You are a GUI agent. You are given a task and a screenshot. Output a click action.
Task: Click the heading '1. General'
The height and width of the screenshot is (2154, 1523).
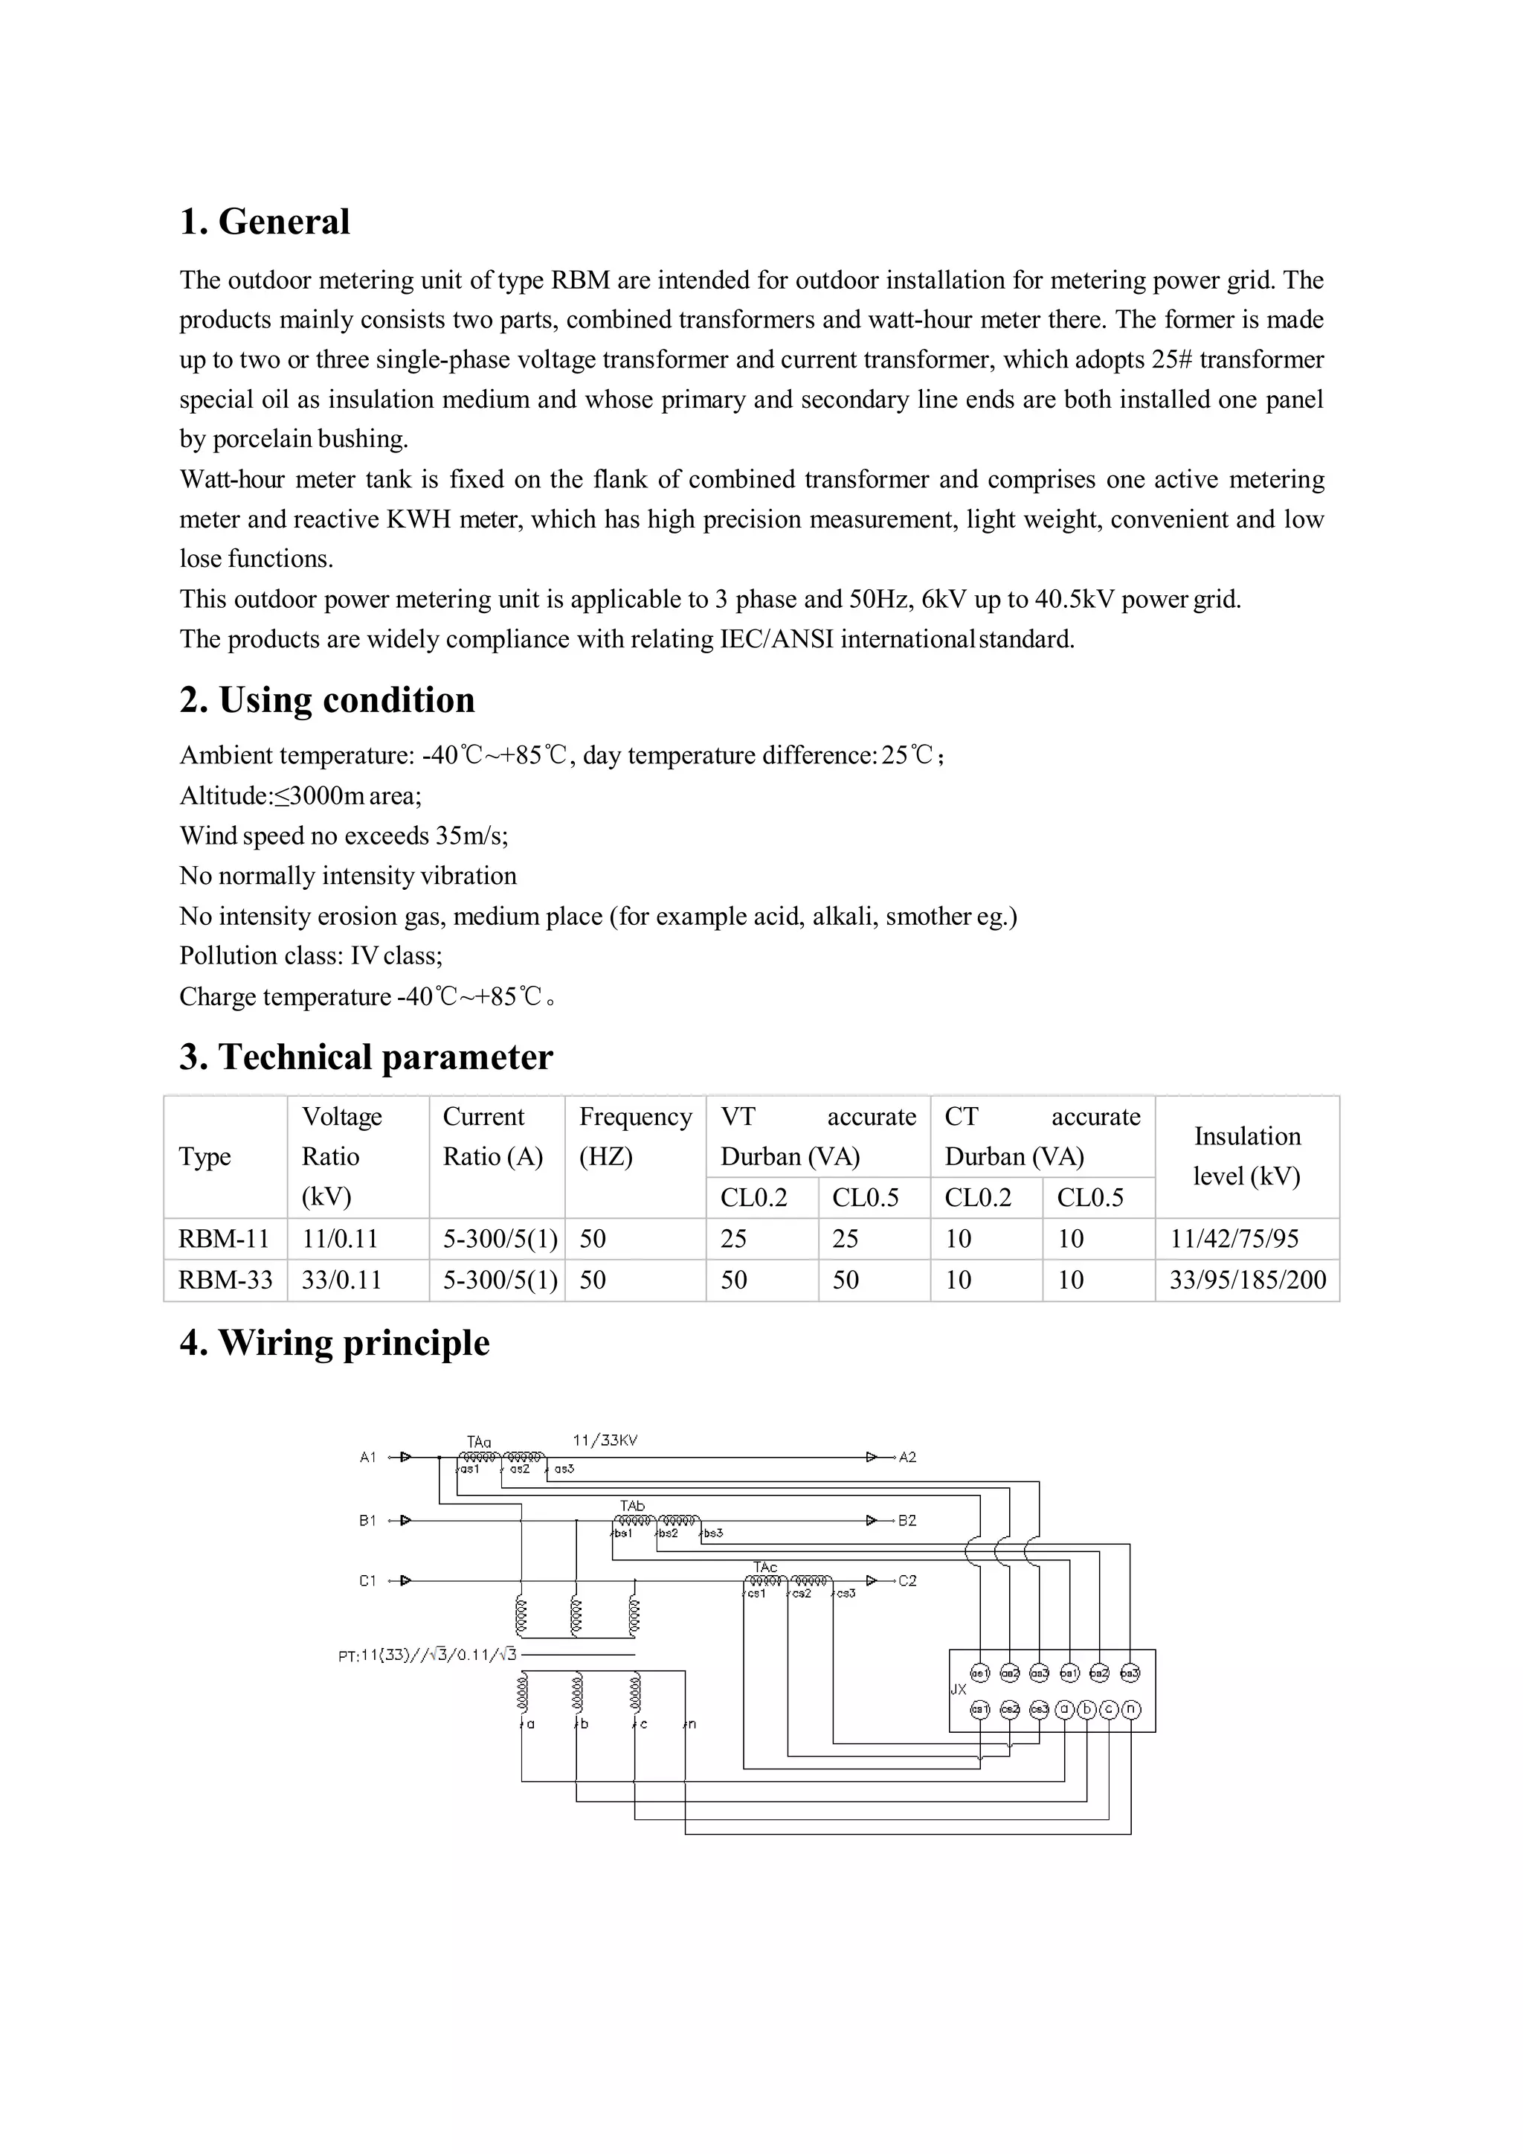pyautogui.click(x=265, y=222)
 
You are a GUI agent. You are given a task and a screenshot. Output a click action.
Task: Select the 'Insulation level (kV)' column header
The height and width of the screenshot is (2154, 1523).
pyautogui.click(x=1246, y=1155)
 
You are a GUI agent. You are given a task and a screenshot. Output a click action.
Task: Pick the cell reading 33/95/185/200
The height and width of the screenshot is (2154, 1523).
pyautogui.click(x=1247, y=1280)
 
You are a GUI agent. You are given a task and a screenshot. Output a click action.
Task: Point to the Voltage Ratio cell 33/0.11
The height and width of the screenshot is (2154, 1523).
pyautogui.click(x=341, y=1280)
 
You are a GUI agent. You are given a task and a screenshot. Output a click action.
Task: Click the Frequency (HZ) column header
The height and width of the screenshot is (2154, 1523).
pyautogui.click(x=635, y=1136)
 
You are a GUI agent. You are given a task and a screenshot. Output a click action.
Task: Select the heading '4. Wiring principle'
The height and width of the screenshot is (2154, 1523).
pyautogui.click(x=335, y=1342)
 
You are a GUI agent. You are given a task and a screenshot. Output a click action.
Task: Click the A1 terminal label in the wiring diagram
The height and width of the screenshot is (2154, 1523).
pyautogui.click(x=367, y=1457)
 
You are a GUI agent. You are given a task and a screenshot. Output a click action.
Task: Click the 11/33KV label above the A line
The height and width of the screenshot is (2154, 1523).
pyautogui.click(x=605, y=1440)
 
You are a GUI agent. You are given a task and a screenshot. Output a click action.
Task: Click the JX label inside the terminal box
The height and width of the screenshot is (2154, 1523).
pyautogui.click(x=959, y=1689)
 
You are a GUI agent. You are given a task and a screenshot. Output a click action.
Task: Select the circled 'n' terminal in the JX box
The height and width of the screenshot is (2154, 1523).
pyautogui.click(x=1130, y=1709)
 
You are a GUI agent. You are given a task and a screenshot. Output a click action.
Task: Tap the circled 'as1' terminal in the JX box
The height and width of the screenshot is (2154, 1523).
pyautogui.click(x=979, y=1673)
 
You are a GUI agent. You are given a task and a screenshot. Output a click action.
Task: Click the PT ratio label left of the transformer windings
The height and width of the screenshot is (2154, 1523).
pyautogui.click(x=427, y=1655)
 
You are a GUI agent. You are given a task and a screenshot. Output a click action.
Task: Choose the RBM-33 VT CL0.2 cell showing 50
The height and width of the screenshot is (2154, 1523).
pyautogui.click(x=733, y=1280)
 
